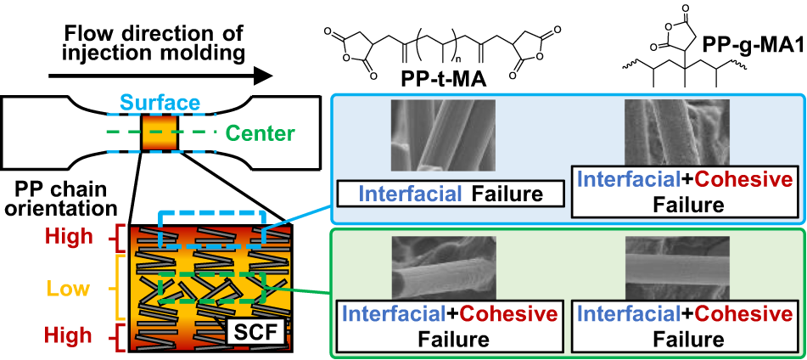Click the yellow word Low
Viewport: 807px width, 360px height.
point(69,289)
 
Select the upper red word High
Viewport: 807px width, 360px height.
point(68,233)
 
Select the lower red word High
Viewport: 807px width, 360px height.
point(68,337)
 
